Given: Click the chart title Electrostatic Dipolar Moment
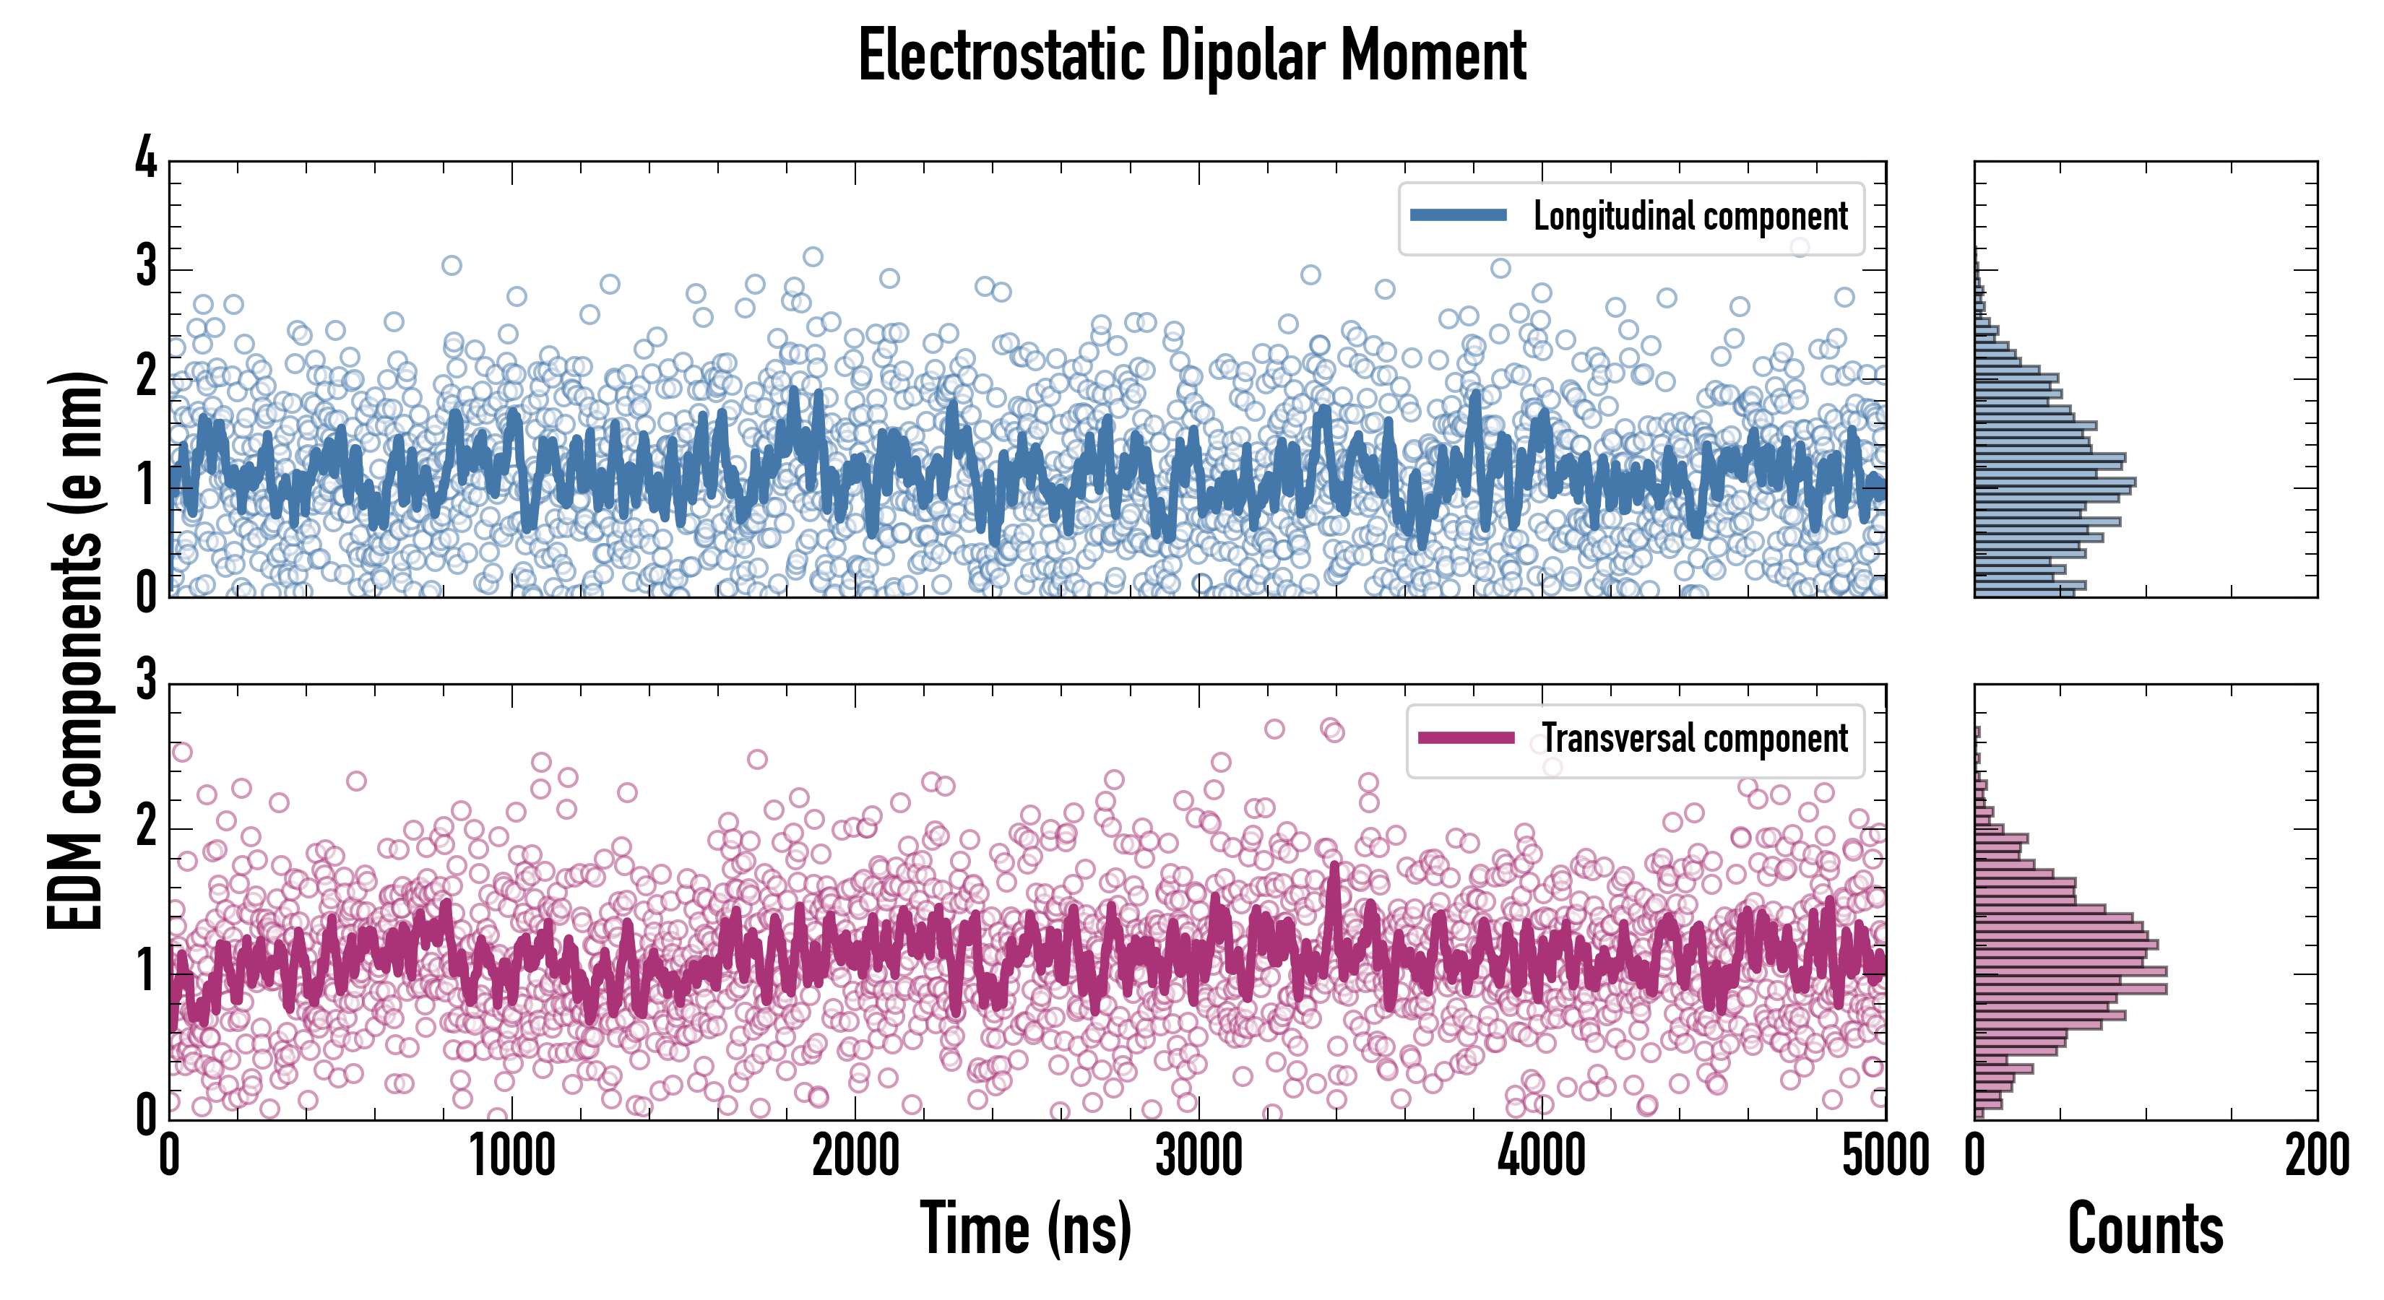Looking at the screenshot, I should pyautogui.click(x=1192, y=56).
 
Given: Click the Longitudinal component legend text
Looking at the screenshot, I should pyautogui.click(x=1690, y=217).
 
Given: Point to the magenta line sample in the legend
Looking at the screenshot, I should pyautogui.click(x=1465, y=738).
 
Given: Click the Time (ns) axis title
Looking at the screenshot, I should pyautogui.click(x=1025, y=1228).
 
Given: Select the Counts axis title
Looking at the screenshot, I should pyautogui.click(x=2145, y=1228).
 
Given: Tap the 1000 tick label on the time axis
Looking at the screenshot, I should pyautogui.click(x=511, y=1156).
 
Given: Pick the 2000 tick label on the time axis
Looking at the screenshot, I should pyautogui.click(x=855, y=1156).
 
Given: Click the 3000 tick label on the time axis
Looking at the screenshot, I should pyautogui.click(x=1199, y=1156).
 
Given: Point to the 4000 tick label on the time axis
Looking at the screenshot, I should pyautogui.click(x=1542, y=1156).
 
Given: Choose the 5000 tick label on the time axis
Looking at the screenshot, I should pyautogui.click(x=1886, y=1156).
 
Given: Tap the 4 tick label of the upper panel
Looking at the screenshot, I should pyautogui.click(x=146, y=159).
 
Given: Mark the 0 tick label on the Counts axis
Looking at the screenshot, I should pyautogui.click(x=1975, y=1156).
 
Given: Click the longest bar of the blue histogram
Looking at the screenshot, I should pyautogui.click(x=2055, y=482).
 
